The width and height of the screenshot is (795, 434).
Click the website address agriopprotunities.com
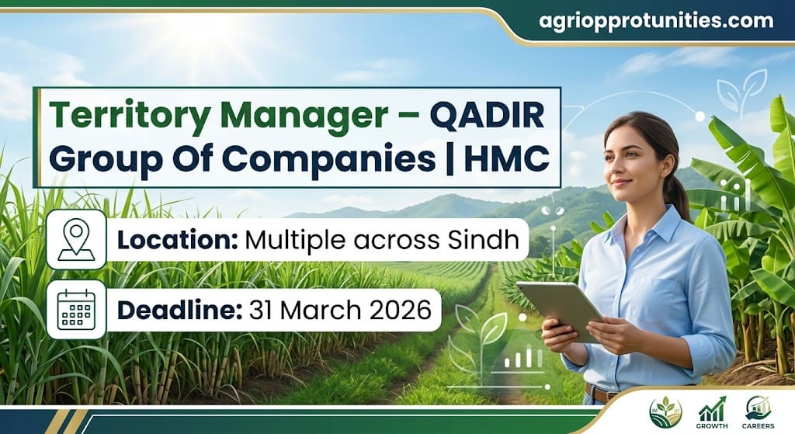(656, 21)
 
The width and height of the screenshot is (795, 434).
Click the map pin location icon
(76, 239)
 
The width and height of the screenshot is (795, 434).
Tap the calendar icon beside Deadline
(76, 309)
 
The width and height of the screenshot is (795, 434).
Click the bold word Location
(176, 240)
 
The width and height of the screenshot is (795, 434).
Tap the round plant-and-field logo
(665, 411)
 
